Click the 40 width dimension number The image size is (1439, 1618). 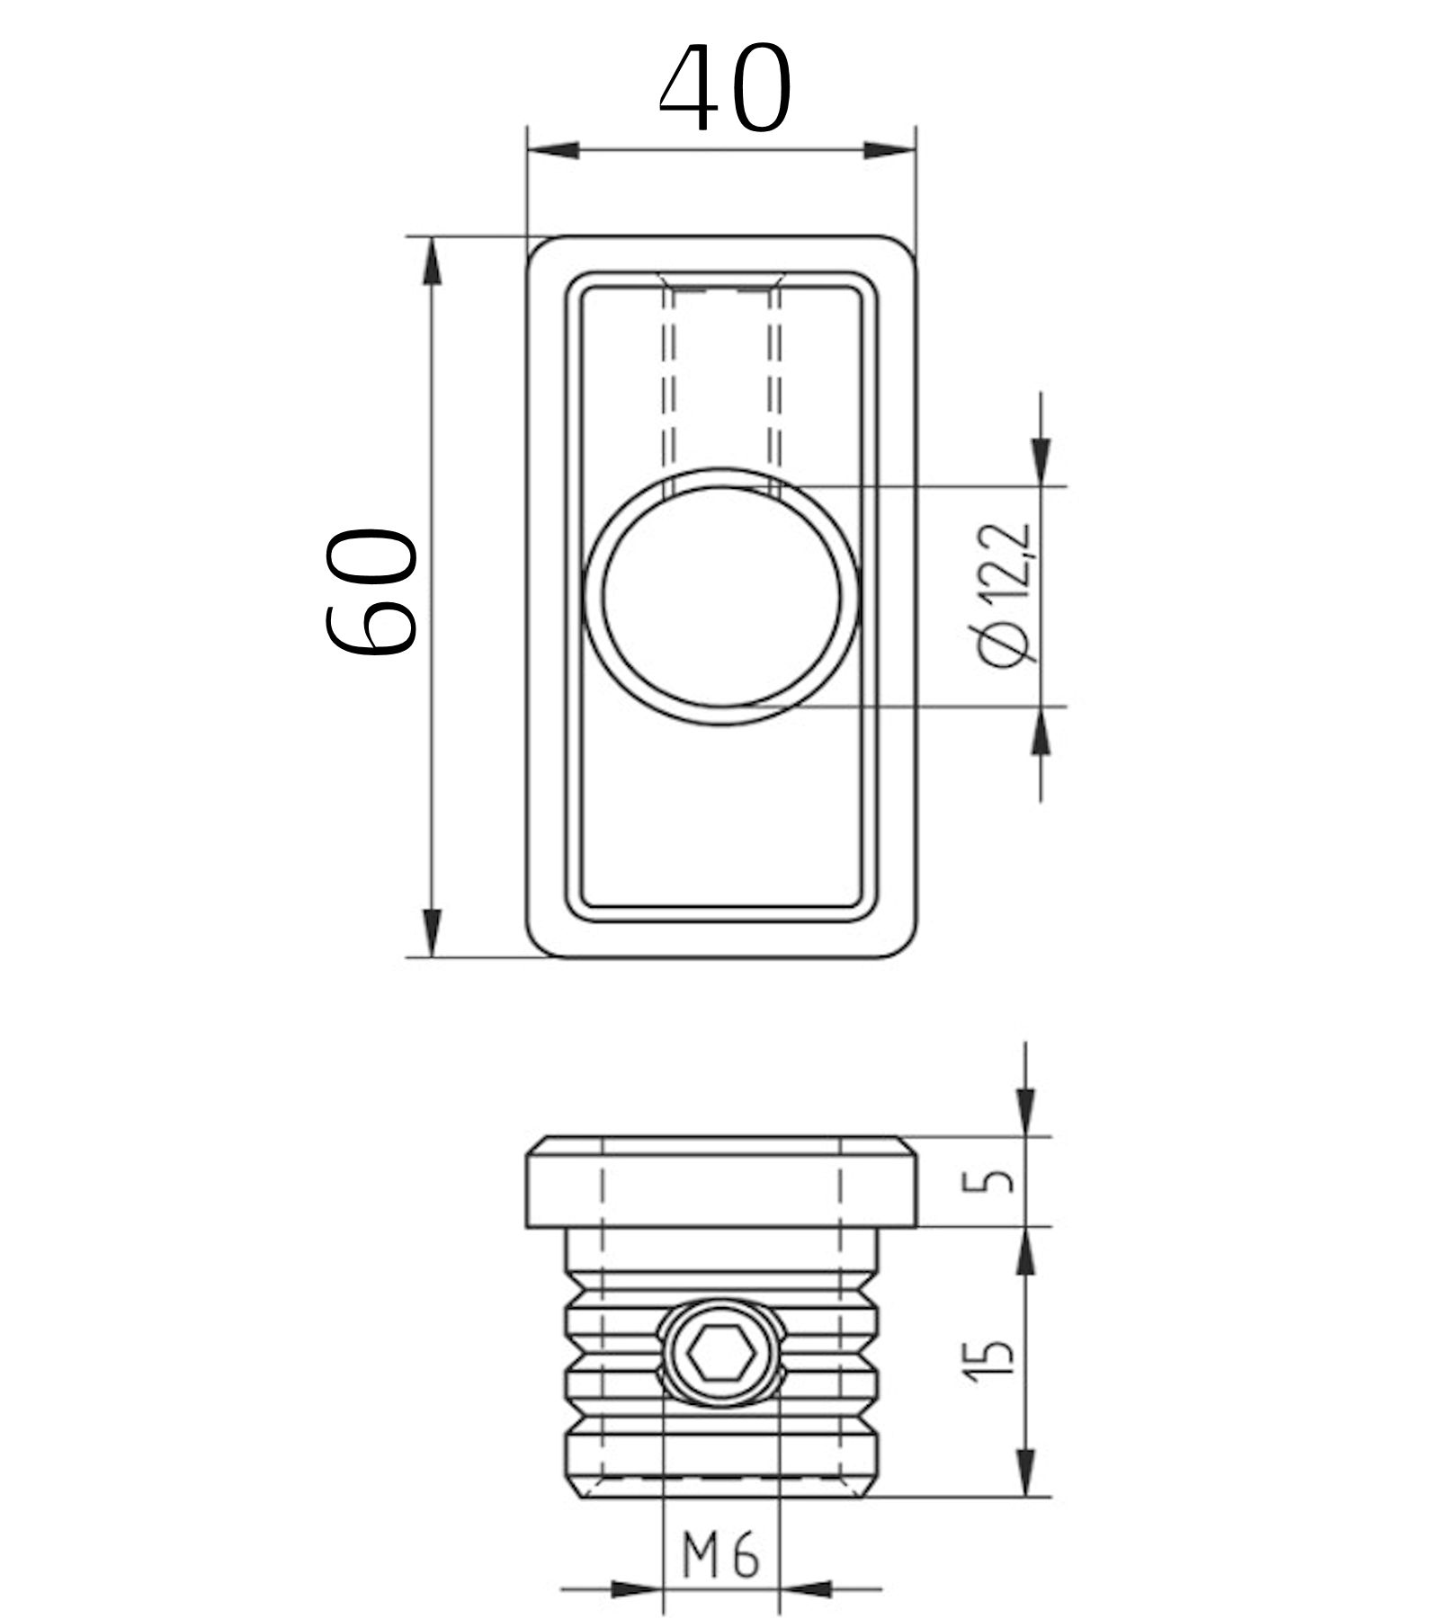[725, 88]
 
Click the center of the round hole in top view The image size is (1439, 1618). [722, 597]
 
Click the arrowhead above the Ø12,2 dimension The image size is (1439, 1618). [1041, 462]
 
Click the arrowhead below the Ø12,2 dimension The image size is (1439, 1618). [1041, 730]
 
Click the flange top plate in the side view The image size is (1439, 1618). [720, 1183]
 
